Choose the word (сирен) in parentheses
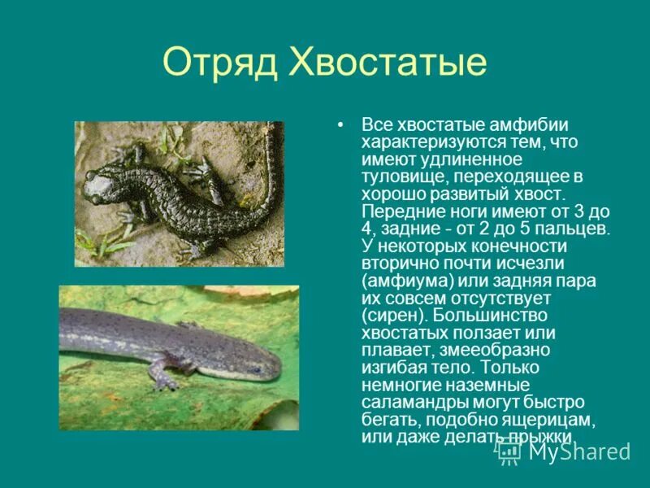[x=395, y=314]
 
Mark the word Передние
[x=396, y=211]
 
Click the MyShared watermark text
[x=578, y=451]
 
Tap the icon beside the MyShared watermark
[x=509, y=450]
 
